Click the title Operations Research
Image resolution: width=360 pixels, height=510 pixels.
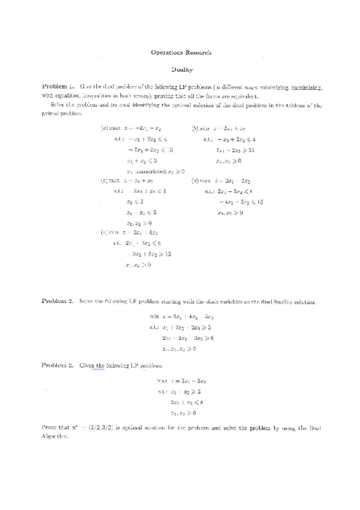click(x=180, y=53)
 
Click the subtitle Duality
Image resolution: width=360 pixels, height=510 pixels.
click(x=180, y=70)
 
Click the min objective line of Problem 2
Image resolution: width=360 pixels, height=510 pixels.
click(x=181, y=316)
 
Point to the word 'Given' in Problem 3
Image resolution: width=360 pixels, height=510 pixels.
click(x=89, y=365)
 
